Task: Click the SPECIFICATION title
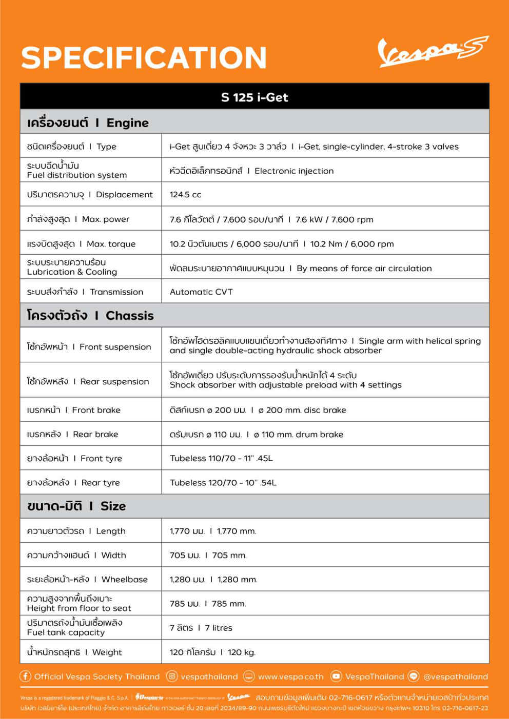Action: pyautogui.click(x=144, y=57)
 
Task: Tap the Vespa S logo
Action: pyautogui.click(x=433, y=52)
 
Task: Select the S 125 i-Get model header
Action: pyautogui.click(x=254, y=97)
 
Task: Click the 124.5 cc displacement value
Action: pyautogui.click(x=186, y=195)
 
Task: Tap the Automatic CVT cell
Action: pyautogui.click(x=201, y=292)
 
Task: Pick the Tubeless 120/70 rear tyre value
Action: pyautogui.click(x=223, y=482)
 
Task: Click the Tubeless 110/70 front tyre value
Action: pyautogui.click(x=221, y=458)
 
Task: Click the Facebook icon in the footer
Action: pyautogui.click(x=25, y=676)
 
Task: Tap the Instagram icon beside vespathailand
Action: pyautogui.click(x=172, y=676)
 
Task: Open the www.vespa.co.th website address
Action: pyautogui.click(x=290, y=676)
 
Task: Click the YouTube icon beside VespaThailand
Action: pyautogui.click(x=336, y=676)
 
